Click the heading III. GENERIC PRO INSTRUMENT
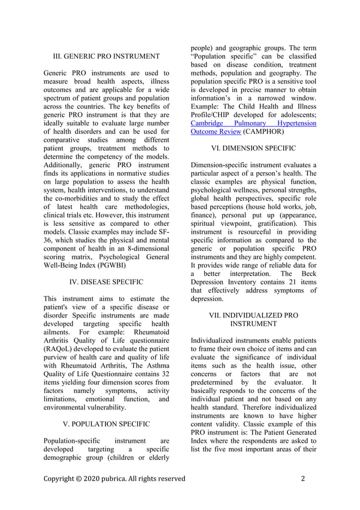coord(106,56)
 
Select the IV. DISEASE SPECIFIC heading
coord(106,281)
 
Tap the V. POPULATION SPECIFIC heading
coord(106,424)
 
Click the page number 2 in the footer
coord(303,479)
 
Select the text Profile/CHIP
coord(213,114)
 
